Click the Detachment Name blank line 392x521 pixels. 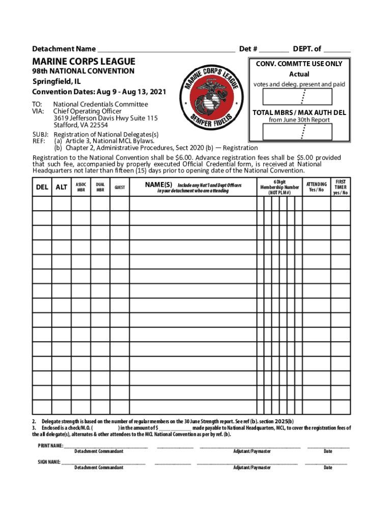pyautogui.click(x=166, y=50)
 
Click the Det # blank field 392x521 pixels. pyautogui.click(x=274, y=50)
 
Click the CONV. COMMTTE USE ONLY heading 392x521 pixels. pyautogui.click(x=299, y=64)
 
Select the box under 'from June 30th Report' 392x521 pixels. pyautogui.click(x=299, y=132)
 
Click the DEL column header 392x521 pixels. pyautogui.click(x=42, y=187)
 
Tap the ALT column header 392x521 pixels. pyautogui.click(x=62, y=187)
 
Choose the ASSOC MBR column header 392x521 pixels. pyautogui.click(x=81, y=187)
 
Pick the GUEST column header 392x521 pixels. pyautogui.click(x=120, y=187)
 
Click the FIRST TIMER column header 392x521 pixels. pyautogui.click(x=341, y=187)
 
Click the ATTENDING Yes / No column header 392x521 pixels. pyautogui.click(x=316, y=187)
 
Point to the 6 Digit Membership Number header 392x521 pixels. pyautogui.click(x=279, y=187)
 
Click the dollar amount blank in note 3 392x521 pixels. pyautogui.click(x=176, y=428)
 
